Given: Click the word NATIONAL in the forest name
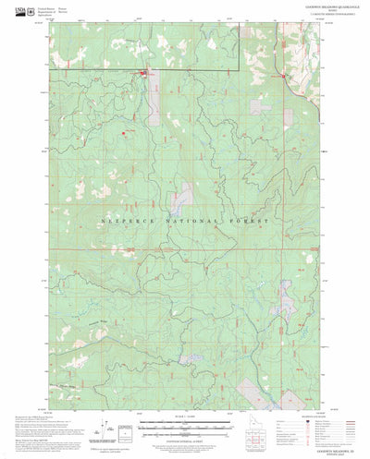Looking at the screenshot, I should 185,222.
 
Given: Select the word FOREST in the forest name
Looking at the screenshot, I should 248,222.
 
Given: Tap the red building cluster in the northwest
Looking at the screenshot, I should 143,75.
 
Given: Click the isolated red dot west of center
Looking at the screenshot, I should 123,131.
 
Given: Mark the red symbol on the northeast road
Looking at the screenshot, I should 282,77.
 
